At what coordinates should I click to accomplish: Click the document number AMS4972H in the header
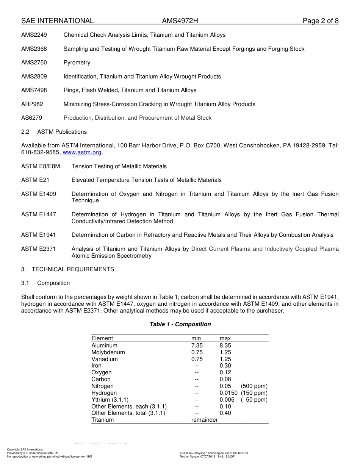point(180,21)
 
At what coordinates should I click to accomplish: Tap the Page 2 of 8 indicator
point(320,21)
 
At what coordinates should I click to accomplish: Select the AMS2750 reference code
point(34,63)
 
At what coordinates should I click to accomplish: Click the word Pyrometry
point(77,63)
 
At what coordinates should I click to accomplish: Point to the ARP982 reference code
point(32,104)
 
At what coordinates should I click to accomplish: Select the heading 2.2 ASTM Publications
point(54,132)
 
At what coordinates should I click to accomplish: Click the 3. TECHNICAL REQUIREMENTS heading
point(67,269)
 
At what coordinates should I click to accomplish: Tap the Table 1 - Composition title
point(180,324)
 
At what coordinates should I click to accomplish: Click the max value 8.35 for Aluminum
point(225,346)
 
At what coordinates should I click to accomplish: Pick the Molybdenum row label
point(108,352)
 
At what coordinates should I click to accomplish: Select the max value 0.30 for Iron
point(225,366)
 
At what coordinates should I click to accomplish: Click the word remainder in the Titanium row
point(204,420)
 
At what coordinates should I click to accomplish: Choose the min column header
point(196,338)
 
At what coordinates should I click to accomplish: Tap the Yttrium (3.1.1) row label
point(110,400)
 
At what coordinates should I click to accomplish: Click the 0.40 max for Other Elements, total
point(225,413)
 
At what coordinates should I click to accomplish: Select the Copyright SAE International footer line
point(25,449)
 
